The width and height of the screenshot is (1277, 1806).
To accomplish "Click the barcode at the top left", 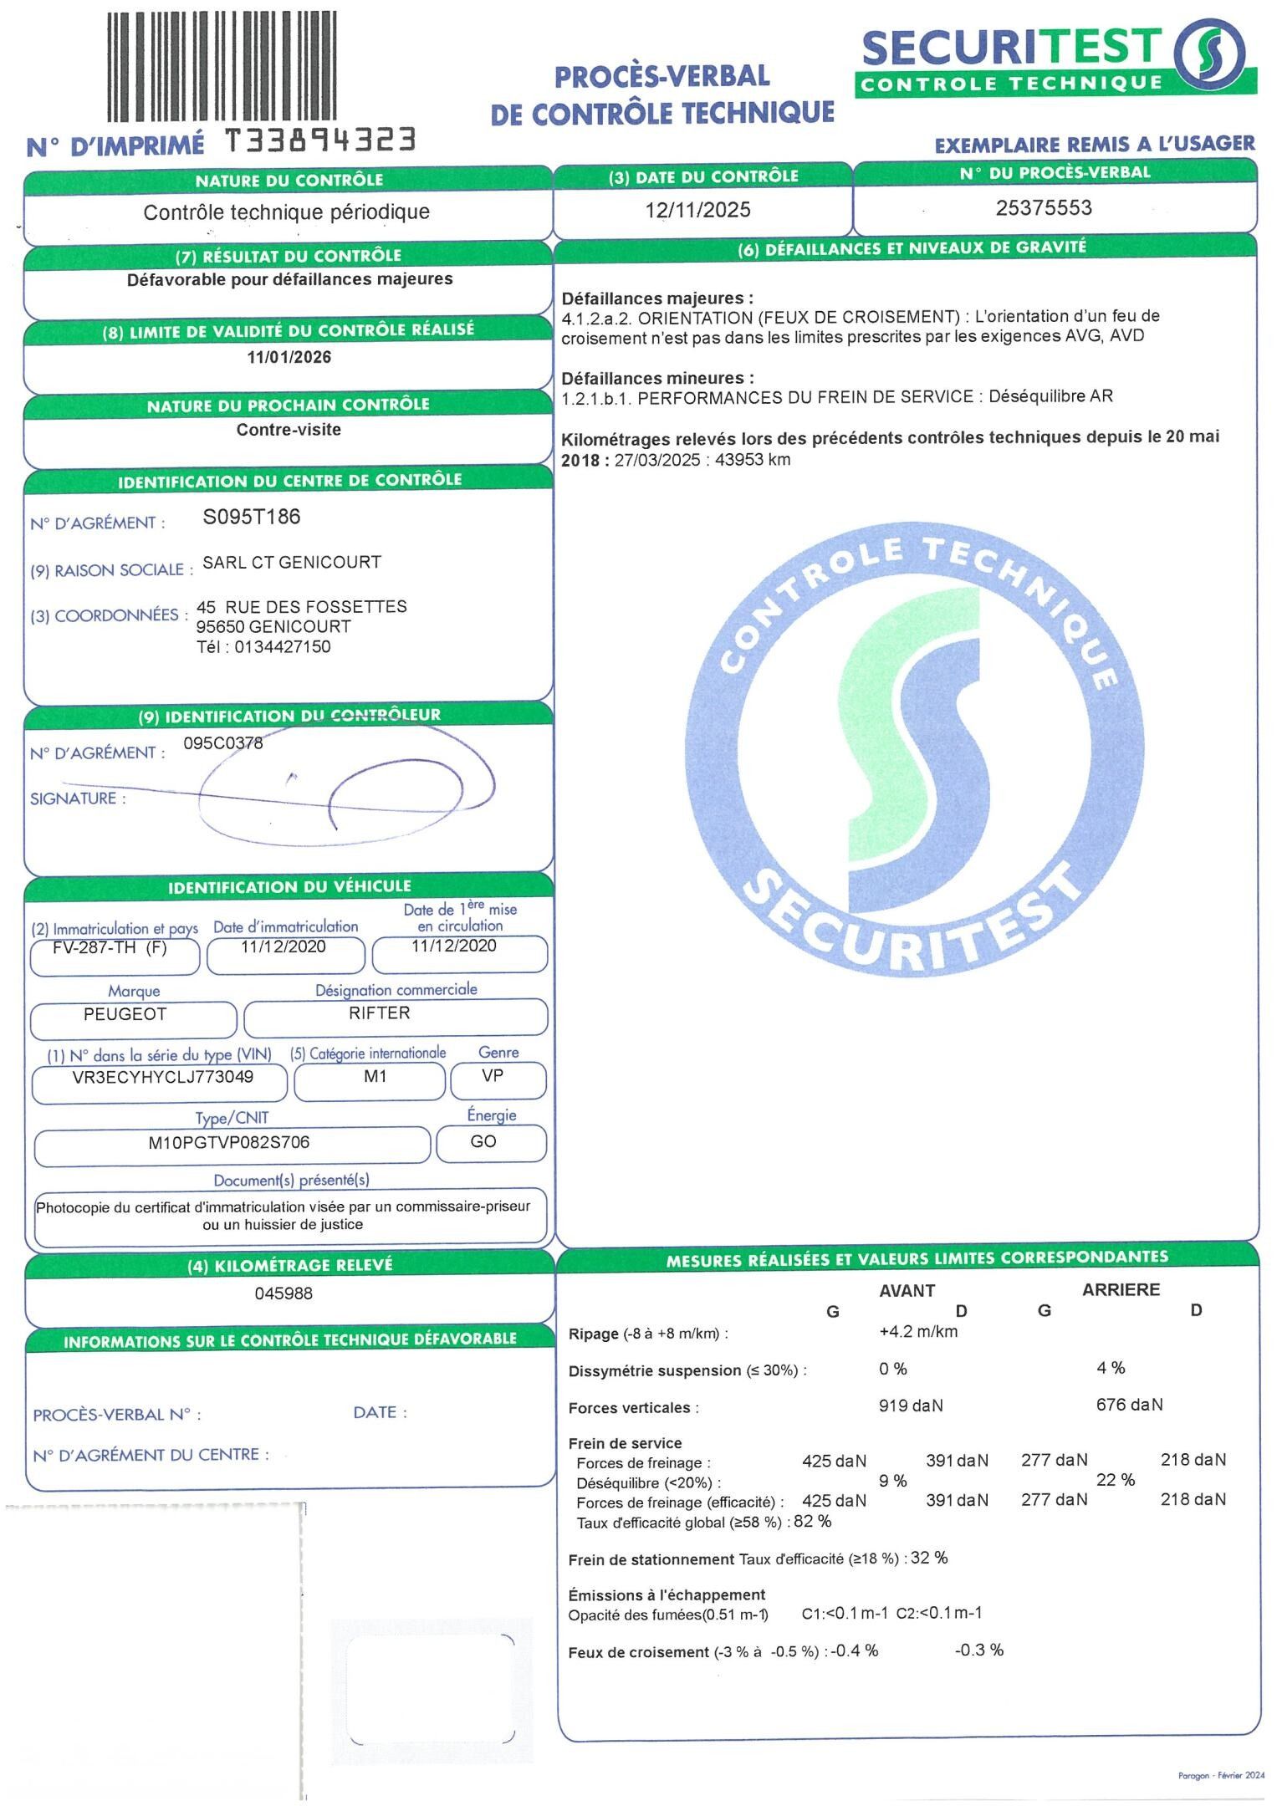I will point(222,67).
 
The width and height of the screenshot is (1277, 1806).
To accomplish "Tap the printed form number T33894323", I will point(320,140).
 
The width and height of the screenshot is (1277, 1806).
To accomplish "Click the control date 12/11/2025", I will point(697,210).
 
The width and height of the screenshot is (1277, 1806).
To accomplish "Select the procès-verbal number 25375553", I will point(1043,208).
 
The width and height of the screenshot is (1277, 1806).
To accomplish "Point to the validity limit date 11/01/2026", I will point(289,358).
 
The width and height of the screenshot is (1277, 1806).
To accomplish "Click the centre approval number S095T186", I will point(252,518).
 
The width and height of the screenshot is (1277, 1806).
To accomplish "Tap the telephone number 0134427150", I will point(283,647).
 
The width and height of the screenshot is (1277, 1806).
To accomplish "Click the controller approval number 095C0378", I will point(223,743).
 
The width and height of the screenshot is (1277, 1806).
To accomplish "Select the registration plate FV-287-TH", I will point(100,947).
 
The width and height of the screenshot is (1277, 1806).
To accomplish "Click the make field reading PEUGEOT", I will point(125,1014).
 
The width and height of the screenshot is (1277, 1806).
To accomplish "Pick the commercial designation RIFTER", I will point(380,1013).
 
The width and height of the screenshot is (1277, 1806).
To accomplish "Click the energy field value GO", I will point(483,1142).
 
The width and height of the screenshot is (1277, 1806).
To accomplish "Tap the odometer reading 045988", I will point(284,1294).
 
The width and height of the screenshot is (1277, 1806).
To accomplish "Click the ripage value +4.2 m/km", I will point(918,1332).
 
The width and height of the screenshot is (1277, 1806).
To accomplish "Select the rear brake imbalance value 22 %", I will point(1116,1480).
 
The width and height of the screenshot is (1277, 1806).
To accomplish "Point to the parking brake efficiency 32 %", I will point(929,1558).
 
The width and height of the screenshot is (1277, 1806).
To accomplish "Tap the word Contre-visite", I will point(289,430).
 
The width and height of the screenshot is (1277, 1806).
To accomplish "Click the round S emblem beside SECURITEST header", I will point(1209,54).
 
